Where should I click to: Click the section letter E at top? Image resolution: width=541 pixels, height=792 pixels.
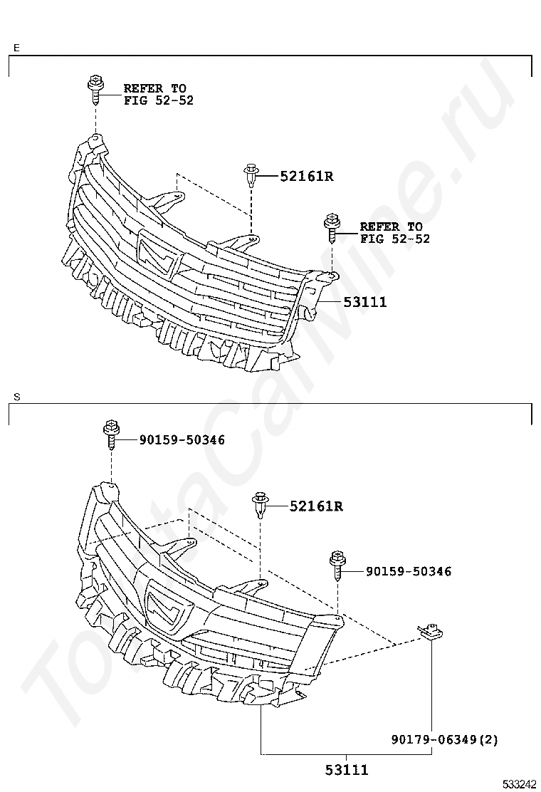click(x=16, y=48)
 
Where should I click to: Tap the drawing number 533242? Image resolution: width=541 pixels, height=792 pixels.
click(x=520, y=783)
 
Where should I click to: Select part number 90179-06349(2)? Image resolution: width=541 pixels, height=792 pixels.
click(x=444, y=740)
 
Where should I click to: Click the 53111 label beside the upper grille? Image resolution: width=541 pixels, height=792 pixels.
click(x=365, y=302)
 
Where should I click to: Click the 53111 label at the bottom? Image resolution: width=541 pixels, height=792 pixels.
click(x=347, y=770)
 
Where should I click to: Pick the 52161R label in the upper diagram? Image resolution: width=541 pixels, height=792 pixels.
click(x=306, y=176)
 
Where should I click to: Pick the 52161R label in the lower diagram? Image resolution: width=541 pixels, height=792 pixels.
click(x=316, y=506)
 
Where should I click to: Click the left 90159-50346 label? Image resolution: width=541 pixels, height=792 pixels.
click(x=182, y=440)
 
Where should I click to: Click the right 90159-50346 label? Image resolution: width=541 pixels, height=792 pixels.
click(x=408, y=571)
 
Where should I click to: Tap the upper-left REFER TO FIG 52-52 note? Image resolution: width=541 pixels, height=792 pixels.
click(x=158, y=94)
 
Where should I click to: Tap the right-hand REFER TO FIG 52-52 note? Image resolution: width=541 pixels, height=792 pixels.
click(x=394, y=233)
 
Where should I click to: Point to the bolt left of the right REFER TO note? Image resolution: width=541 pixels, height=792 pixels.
click(x=331, y=227)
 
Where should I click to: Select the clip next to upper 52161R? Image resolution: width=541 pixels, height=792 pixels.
click(x=251, y=174)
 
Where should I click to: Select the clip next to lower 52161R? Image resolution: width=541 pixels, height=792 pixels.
click(x=261, y=505)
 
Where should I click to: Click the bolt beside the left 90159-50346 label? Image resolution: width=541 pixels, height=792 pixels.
click(x=111, y=434)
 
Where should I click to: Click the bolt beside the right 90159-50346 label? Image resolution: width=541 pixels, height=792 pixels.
click(x=337, y=566)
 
